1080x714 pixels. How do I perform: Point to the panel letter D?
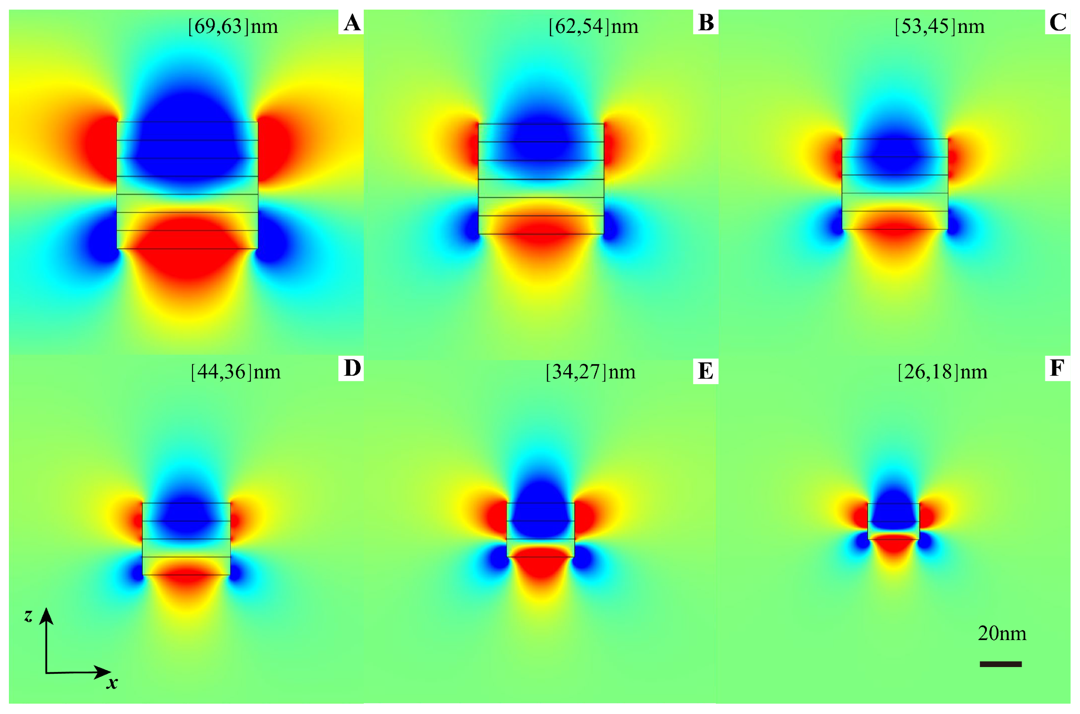pyautogui.click(x=352, y=368)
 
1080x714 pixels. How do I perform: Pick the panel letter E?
pyautogui.click(x=705, y=371)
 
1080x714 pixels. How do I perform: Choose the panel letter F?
pyautogui.click(x=1057, y=368)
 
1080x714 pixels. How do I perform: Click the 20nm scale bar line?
pyautogui.click(x=1001, y=664)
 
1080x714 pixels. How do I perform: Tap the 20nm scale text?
pyautogui.click(x=1002, y=633)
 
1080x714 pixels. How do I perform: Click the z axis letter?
pyautogui.click(x=28, y=616)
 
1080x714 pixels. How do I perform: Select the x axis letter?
pyautogui.click(x=112, y=683)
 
